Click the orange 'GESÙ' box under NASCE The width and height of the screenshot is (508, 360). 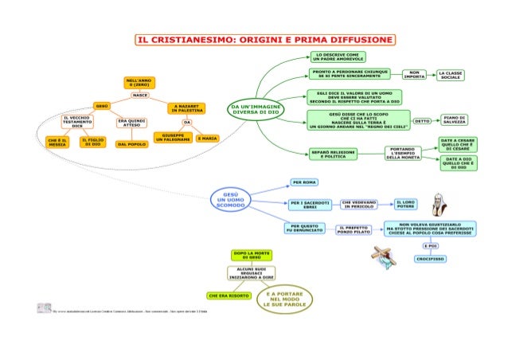click(103, 105)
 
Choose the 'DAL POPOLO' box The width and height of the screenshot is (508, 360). click(131, 144)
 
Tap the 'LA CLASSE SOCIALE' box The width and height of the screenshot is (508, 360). click(450, 75)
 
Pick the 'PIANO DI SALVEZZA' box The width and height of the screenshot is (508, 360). click(455, 120)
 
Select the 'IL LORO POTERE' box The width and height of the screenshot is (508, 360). click(406, 205)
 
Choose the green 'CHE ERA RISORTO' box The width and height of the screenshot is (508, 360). click(228, 295)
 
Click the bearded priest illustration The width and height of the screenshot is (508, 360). click(438, 205)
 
